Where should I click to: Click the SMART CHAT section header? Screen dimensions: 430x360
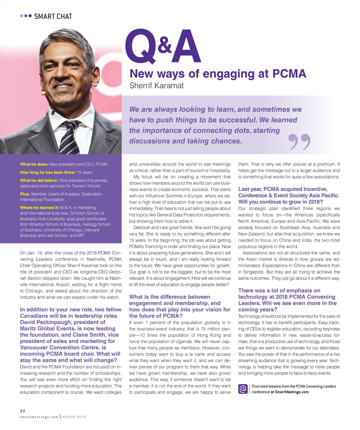click(53, 17)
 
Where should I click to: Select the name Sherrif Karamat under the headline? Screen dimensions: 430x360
click(156, 86)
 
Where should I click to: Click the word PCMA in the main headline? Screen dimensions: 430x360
click(289, 74)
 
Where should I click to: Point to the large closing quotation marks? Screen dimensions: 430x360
click(299, 141)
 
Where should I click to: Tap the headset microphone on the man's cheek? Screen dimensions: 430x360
click(43, 93)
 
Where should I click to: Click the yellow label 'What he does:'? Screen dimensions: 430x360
click(34, 164)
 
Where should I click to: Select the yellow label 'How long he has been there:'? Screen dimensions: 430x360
click(48, 172)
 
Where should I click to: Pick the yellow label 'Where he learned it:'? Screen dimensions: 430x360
click(39, 207)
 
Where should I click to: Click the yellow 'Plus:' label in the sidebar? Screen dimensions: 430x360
click(25, 194)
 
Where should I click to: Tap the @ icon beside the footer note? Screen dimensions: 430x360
click(243, 389)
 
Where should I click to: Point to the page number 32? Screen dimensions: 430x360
click(23, 411)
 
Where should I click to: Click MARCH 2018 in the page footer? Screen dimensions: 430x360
click(74, 417)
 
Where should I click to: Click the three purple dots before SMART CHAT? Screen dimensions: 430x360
click(26, 16)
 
